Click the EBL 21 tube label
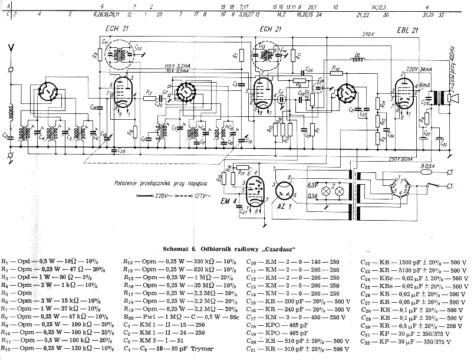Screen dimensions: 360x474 (x=408, y=30)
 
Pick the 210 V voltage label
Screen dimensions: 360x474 (x=368, y=34)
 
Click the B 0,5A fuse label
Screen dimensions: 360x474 (x=422, y=167)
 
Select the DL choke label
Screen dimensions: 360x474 (x=357, y=57)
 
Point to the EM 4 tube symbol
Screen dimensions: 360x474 (x=255, y=192)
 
